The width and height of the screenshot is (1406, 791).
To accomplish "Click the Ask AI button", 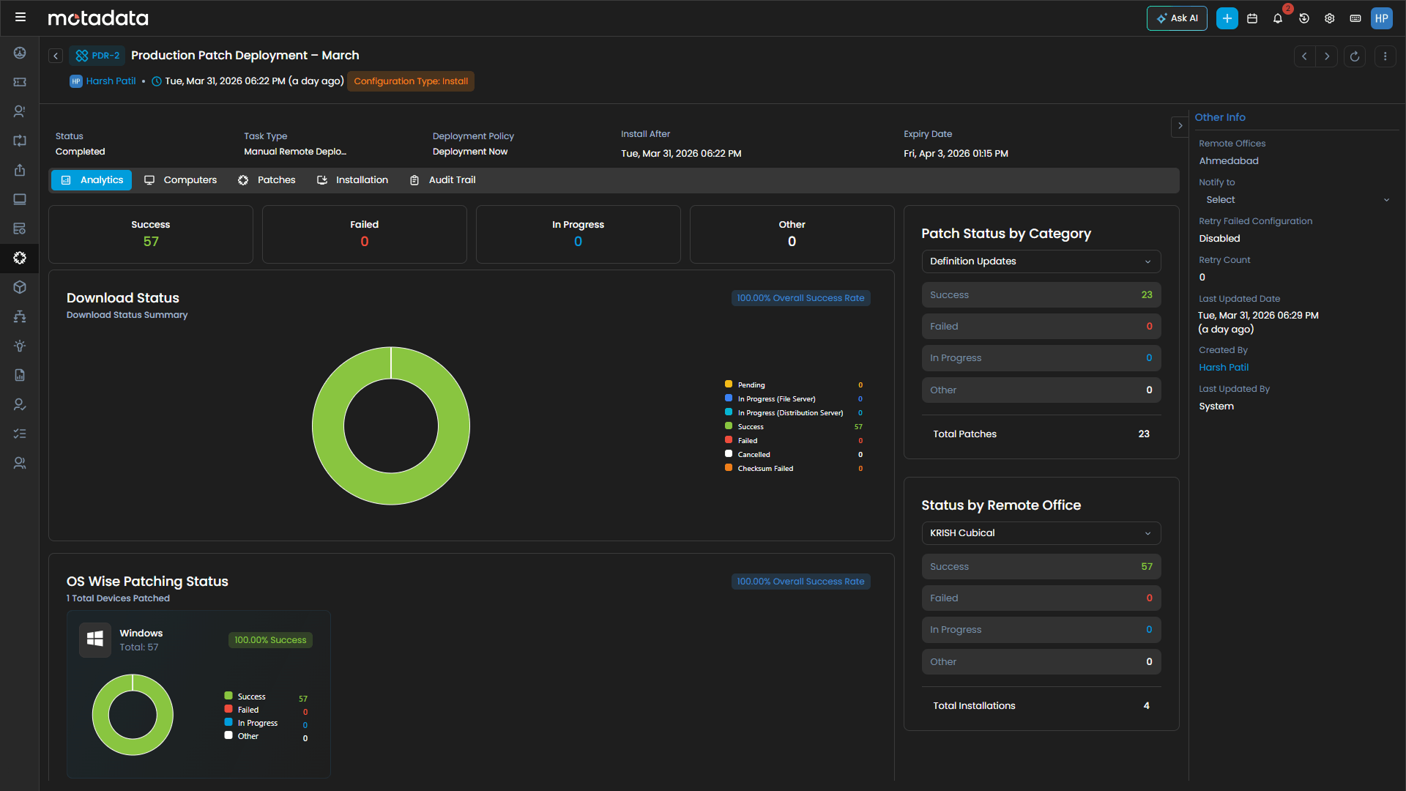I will coord(1177,18).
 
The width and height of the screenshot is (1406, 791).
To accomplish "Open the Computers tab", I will coord(181,180).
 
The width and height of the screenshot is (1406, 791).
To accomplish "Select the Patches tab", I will coord(267,180).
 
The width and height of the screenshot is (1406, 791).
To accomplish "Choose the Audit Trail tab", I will coord(443,180).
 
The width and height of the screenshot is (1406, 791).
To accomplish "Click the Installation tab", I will coord(353,180).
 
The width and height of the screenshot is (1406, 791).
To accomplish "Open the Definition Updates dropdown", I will coord(1041,261).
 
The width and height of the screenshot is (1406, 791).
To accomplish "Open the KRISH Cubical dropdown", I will coord(1041,533).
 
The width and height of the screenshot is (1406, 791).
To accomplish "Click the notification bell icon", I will coord(1278,18).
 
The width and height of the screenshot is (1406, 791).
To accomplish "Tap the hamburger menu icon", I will coord(21,17).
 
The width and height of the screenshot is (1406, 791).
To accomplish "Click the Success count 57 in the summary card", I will coord(151,242).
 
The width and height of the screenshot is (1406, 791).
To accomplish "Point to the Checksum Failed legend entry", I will coord(765,469).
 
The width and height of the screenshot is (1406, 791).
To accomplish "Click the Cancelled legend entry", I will coord(754,455).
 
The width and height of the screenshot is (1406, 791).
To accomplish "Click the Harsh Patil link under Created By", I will coord(1224,368).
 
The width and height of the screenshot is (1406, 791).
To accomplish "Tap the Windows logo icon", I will coord(95,639).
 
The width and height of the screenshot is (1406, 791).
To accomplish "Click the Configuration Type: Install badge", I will coord(411,81).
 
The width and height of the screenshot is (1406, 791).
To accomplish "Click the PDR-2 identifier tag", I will coord(98,56).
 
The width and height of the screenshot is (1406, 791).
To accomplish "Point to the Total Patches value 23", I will coord(1144,434).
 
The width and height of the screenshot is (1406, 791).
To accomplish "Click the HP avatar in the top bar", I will coord(1382,18).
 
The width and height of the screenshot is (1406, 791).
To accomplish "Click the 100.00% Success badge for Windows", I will coord(270,640).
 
